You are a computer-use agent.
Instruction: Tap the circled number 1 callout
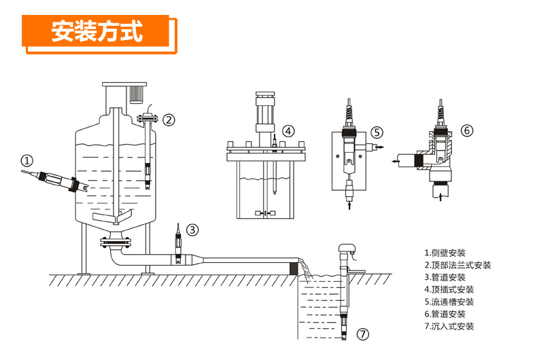tap(27, 161)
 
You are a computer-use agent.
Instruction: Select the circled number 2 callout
tap(169, 120)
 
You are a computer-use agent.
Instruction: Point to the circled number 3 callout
tap(193, 230)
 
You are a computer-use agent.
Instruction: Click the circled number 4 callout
tap(289, 131)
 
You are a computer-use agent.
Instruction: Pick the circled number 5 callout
tap(377, 132)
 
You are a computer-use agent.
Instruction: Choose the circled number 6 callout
tap(466, 130)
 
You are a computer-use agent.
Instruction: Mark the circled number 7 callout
tap(364, 334)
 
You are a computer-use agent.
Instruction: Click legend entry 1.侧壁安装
tap(445, 253)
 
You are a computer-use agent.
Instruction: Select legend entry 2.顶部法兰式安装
tap(457, 266)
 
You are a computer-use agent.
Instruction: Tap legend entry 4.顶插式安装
tap(449, 290)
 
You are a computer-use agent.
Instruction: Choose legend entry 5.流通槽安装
tap(449, 302)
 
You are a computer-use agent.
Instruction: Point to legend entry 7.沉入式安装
tap(449, 327)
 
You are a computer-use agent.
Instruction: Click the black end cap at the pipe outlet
tap(294, 268)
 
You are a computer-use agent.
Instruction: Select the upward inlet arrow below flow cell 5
tap(349, 202)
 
